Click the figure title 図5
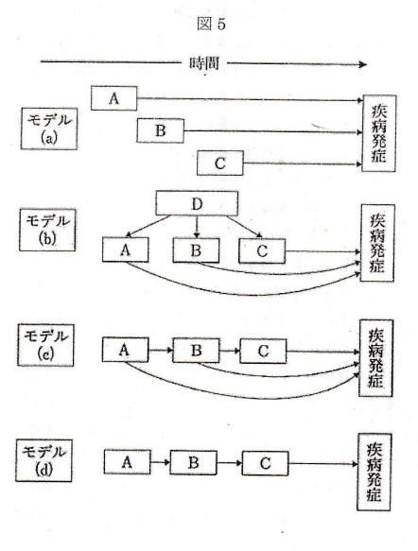click(213, 26)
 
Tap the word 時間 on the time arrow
click(203, 63)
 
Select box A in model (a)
click(115, 97)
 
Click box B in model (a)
click(160, 130)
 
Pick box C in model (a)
click(220, 164)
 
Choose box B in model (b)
click(196, 250)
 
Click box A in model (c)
click(124, 351)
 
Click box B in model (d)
click(192, 464)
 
